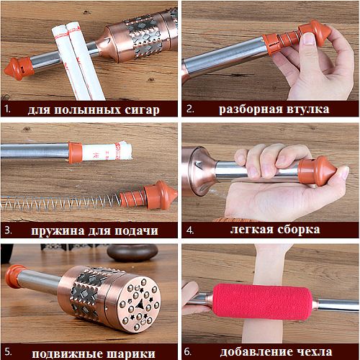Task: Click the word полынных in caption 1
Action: (86, 110)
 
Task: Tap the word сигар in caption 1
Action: (142, 110)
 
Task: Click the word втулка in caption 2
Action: (308, 109)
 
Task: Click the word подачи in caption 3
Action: (136, 231)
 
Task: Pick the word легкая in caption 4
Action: (251, 230)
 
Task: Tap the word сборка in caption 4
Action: (299, 230)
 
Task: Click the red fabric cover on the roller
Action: (262, 302)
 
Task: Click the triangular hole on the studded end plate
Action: (140, 305)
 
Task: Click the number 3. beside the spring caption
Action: (8, 230)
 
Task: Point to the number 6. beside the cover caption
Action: (188, 352)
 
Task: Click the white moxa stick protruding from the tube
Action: (107, 151)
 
